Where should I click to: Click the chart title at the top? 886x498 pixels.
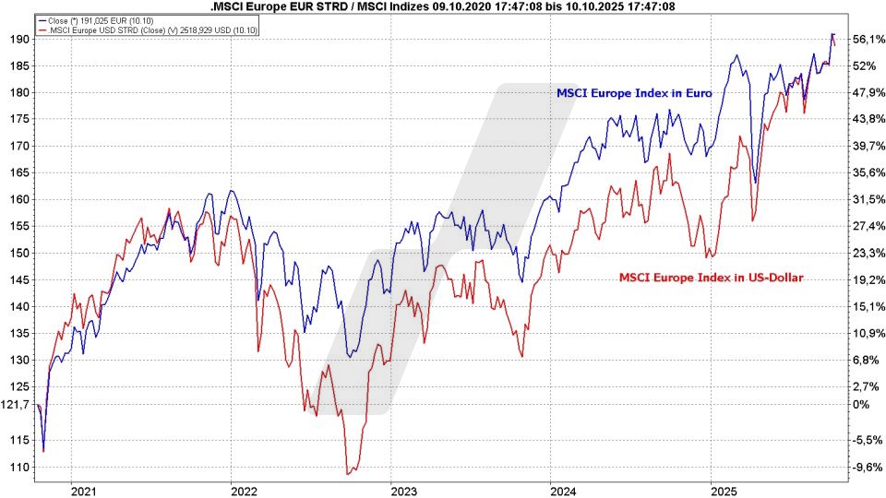442,6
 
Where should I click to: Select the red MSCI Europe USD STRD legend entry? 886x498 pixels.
149,30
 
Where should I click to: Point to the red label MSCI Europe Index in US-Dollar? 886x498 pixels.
712,276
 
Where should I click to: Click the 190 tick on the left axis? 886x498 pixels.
19,39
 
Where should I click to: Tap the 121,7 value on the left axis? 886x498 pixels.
18,404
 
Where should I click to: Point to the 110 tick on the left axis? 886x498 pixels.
19,468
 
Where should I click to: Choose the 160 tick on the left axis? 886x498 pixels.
19,199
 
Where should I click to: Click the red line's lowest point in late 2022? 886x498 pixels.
348,474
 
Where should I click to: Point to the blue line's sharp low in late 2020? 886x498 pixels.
43,451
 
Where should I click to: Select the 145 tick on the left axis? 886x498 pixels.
19,279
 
